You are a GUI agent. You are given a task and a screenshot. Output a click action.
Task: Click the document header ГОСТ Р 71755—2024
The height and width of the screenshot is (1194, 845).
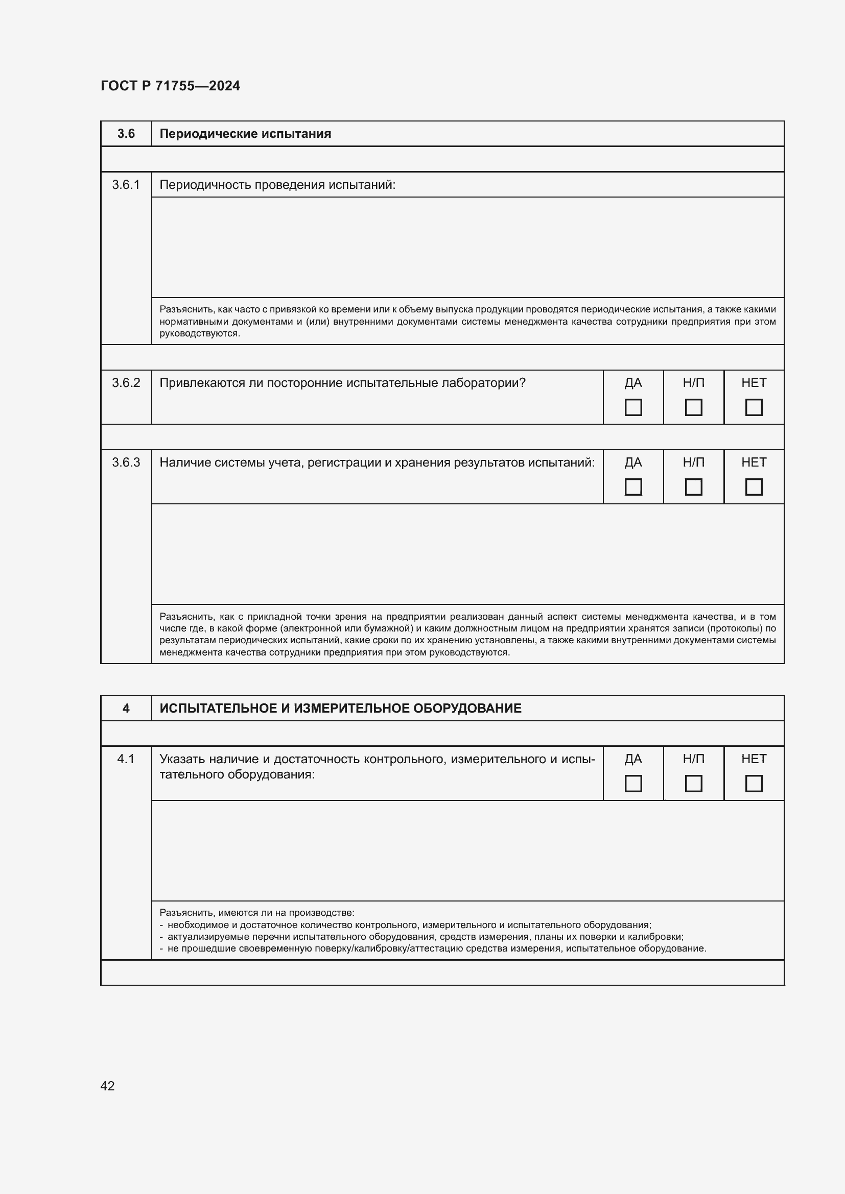[170, 86]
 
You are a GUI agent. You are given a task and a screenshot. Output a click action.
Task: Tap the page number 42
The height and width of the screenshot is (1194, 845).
[107, 1085]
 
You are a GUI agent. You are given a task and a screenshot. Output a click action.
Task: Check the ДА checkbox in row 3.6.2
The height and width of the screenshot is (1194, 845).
[632, 407]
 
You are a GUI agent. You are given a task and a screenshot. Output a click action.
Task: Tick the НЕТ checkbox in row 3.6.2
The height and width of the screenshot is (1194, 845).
[754, 407]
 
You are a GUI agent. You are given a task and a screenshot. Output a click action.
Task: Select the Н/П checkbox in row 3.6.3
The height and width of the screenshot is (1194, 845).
[693, 487]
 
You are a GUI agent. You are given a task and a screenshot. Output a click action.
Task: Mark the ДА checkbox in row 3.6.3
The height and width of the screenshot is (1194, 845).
[632, 487]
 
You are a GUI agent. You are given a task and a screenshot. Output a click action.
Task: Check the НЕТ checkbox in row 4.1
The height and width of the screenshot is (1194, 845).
[754, 783]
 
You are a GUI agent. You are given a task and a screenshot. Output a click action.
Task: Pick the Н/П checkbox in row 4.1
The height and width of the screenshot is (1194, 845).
[693, 783]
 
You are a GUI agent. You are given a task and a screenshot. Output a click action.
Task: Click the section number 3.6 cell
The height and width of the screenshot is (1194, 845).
[126, 134]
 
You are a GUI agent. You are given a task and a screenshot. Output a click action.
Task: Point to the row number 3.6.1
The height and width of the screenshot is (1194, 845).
[126, 185]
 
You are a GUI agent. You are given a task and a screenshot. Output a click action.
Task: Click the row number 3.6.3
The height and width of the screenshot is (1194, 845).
[126, 462]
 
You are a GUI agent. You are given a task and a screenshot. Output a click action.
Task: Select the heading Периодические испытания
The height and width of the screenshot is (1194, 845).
[245, 134]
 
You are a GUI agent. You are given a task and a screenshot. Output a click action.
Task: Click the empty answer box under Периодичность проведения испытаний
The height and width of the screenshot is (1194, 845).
[467, 247]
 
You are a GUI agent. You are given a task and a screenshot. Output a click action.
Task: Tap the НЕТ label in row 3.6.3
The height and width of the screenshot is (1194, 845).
[754, 462]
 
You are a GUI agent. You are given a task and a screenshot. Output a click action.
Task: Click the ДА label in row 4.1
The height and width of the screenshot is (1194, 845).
[632, 759]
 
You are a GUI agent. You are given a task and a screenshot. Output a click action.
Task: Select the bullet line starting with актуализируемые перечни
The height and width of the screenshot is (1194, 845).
[425, 937]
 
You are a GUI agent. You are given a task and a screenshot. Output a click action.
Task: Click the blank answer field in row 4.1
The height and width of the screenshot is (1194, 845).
[467, 850]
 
